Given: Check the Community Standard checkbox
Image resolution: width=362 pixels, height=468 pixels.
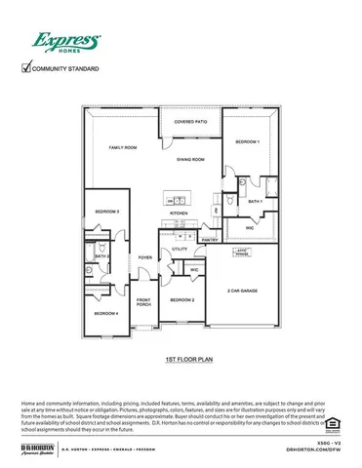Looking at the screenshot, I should [26, 68].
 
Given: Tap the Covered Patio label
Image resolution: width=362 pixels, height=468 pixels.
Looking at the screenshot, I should [190, 122].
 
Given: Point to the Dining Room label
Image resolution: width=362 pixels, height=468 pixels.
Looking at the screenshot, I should [190, 159].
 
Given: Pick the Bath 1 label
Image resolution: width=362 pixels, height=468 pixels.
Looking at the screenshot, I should [255, 201].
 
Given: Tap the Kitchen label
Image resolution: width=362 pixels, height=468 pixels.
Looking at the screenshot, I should [179, 213].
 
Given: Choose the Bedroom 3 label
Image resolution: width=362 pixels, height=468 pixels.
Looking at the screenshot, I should [107, 212].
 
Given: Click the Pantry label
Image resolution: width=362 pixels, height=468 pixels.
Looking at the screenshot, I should [209, 239].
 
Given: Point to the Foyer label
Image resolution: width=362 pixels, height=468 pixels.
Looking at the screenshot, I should [144, 257].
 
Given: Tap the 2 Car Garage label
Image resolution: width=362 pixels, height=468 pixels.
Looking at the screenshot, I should [242, 291].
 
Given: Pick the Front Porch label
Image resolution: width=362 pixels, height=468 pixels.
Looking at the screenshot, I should [143, 302].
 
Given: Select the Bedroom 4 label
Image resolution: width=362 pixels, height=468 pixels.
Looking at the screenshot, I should [105, 314].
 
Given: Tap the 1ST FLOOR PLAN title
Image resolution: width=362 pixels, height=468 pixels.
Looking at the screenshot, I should [182, 360].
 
